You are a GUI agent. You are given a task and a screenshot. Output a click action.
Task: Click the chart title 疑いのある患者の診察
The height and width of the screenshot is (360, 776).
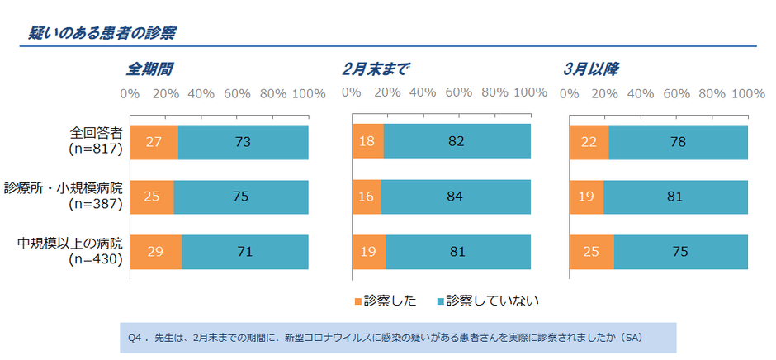[99, 32]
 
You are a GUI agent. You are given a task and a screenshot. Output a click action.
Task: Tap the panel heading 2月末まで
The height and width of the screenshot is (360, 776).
[376, 69]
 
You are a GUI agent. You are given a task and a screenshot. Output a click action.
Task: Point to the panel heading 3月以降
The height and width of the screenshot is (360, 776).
[591, 69]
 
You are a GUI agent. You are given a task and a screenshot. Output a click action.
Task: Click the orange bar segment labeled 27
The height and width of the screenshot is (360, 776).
[154, 142]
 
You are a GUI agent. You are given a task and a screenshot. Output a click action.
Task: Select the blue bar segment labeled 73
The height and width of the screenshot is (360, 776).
[243, 142]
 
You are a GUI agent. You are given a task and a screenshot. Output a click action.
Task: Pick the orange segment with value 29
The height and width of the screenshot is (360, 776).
[155, 252]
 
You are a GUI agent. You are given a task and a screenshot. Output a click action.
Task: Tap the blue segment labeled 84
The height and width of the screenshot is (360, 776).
[456, 197]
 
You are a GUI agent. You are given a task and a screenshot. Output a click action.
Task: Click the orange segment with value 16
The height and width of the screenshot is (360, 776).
[367, 197]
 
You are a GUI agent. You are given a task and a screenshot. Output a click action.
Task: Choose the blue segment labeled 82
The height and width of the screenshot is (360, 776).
[457, 142]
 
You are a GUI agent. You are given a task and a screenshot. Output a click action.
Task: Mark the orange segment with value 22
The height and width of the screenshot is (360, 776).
[589, 142]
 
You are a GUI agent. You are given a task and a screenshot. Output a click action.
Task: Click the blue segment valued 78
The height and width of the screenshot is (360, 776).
[678, 142]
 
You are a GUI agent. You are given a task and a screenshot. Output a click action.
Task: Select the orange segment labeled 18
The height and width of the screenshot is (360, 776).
[368, 142]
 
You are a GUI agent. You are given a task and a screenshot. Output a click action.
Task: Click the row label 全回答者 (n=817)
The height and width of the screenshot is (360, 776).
[96, 141]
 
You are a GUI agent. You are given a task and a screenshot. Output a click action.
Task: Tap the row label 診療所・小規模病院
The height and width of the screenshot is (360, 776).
[64, 189]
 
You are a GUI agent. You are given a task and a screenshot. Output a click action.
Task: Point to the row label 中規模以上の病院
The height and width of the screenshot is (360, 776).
[70, 244]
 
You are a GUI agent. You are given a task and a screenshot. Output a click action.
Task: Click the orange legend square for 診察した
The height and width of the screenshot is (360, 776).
[358, 300]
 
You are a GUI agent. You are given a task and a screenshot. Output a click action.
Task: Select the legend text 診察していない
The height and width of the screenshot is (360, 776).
[492, 300]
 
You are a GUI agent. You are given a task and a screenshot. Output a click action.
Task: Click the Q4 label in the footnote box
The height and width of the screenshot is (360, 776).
[136, 338]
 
